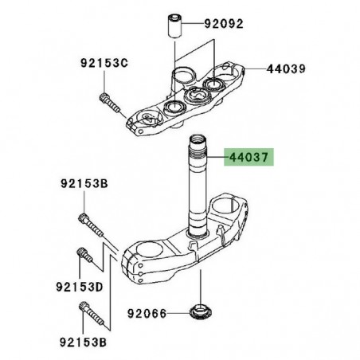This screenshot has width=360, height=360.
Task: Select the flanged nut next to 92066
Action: [196, 311]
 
